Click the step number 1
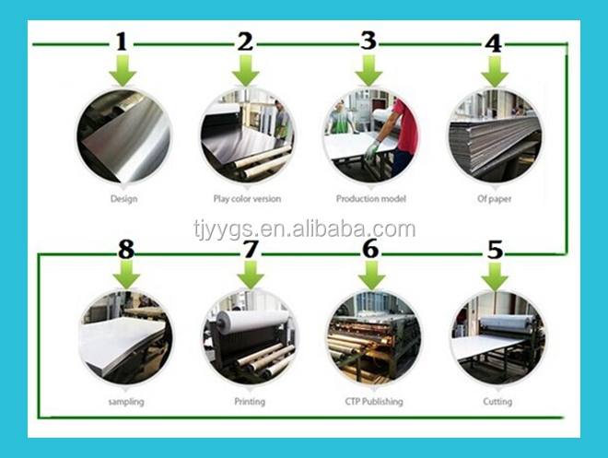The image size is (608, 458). (x=122, y=42)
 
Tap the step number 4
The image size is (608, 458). (x=493, y=43)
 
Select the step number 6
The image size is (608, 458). (x=370, y=248)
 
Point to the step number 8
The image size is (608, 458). (x=126, y=249)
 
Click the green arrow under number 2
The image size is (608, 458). (x=246, y=70)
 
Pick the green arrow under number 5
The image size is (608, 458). (x=495, y=276)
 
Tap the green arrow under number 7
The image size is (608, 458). (x=251, y=275)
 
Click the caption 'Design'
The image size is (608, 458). (x=123, y=199)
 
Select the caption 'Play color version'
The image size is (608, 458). (x=247, y=199)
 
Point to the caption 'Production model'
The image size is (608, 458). (x=370, y=199)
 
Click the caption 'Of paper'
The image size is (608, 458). (x=494, y=199)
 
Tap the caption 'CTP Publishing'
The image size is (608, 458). (x=374, y=402)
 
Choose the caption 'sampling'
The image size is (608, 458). (x=126, y=402)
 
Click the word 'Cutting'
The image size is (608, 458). (x=497, y=402)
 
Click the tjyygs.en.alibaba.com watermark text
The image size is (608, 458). (x=304, y=229)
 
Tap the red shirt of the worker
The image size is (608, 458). (x=405, y=126)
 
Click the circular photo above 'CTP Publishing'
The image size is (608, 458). (x=374, y=337)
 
